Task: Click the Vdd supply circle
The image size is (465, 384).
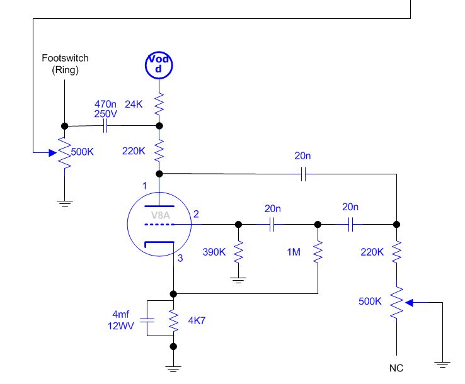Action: click(x=159, y=65)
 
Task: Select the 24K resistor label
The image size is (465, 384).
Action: click(x=134, y=104)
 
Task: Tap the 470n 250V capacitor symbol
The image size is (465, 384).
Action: click(x=105, y=126)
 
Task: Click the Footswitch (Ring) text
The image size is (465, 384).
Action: click(x=65, y=64)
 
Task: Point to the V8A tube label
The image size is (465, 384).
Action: click(x=161, y=215)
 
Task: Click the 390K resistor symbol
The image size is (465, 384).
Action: click(x=238, y=252)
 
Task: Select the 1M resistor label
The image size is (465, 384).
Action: click(x=294, y=252)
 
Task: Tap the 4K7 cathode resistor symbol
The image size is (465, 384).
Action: click(x=173, y=320)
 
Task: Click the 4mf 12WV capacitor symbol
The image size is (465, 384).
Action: click(x=147, y=320)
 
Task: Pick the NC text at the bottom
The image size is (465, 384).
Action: click(x=396, y=368)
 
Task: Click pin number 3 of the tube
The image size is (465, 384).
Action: click(x=180, y=258)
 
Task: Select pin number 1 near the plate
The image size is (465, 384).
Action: click(x=144, y=186)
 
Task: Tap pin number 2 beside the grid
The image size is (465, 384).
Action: click(x=196, y=214)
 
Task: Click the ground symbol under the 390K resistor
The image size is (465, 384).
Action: click(x=238, y=280)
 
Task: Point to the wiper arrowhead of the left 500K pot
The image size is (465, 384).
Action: click(x=53, y=153)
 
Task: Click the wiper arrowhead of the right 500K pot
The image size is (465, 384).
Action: click(x=409, y=303)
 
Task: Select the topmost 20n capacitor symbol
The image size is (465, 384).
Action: click(x=303, y=174)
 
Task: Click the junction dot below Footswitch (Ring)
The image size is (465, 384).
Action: click(x=65, y=126)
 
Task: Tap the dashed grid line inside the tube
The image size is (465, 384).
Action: click(x=159, y=224)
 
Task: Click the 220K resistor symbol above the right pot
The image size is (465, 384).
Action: click(x=396, y=252)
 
